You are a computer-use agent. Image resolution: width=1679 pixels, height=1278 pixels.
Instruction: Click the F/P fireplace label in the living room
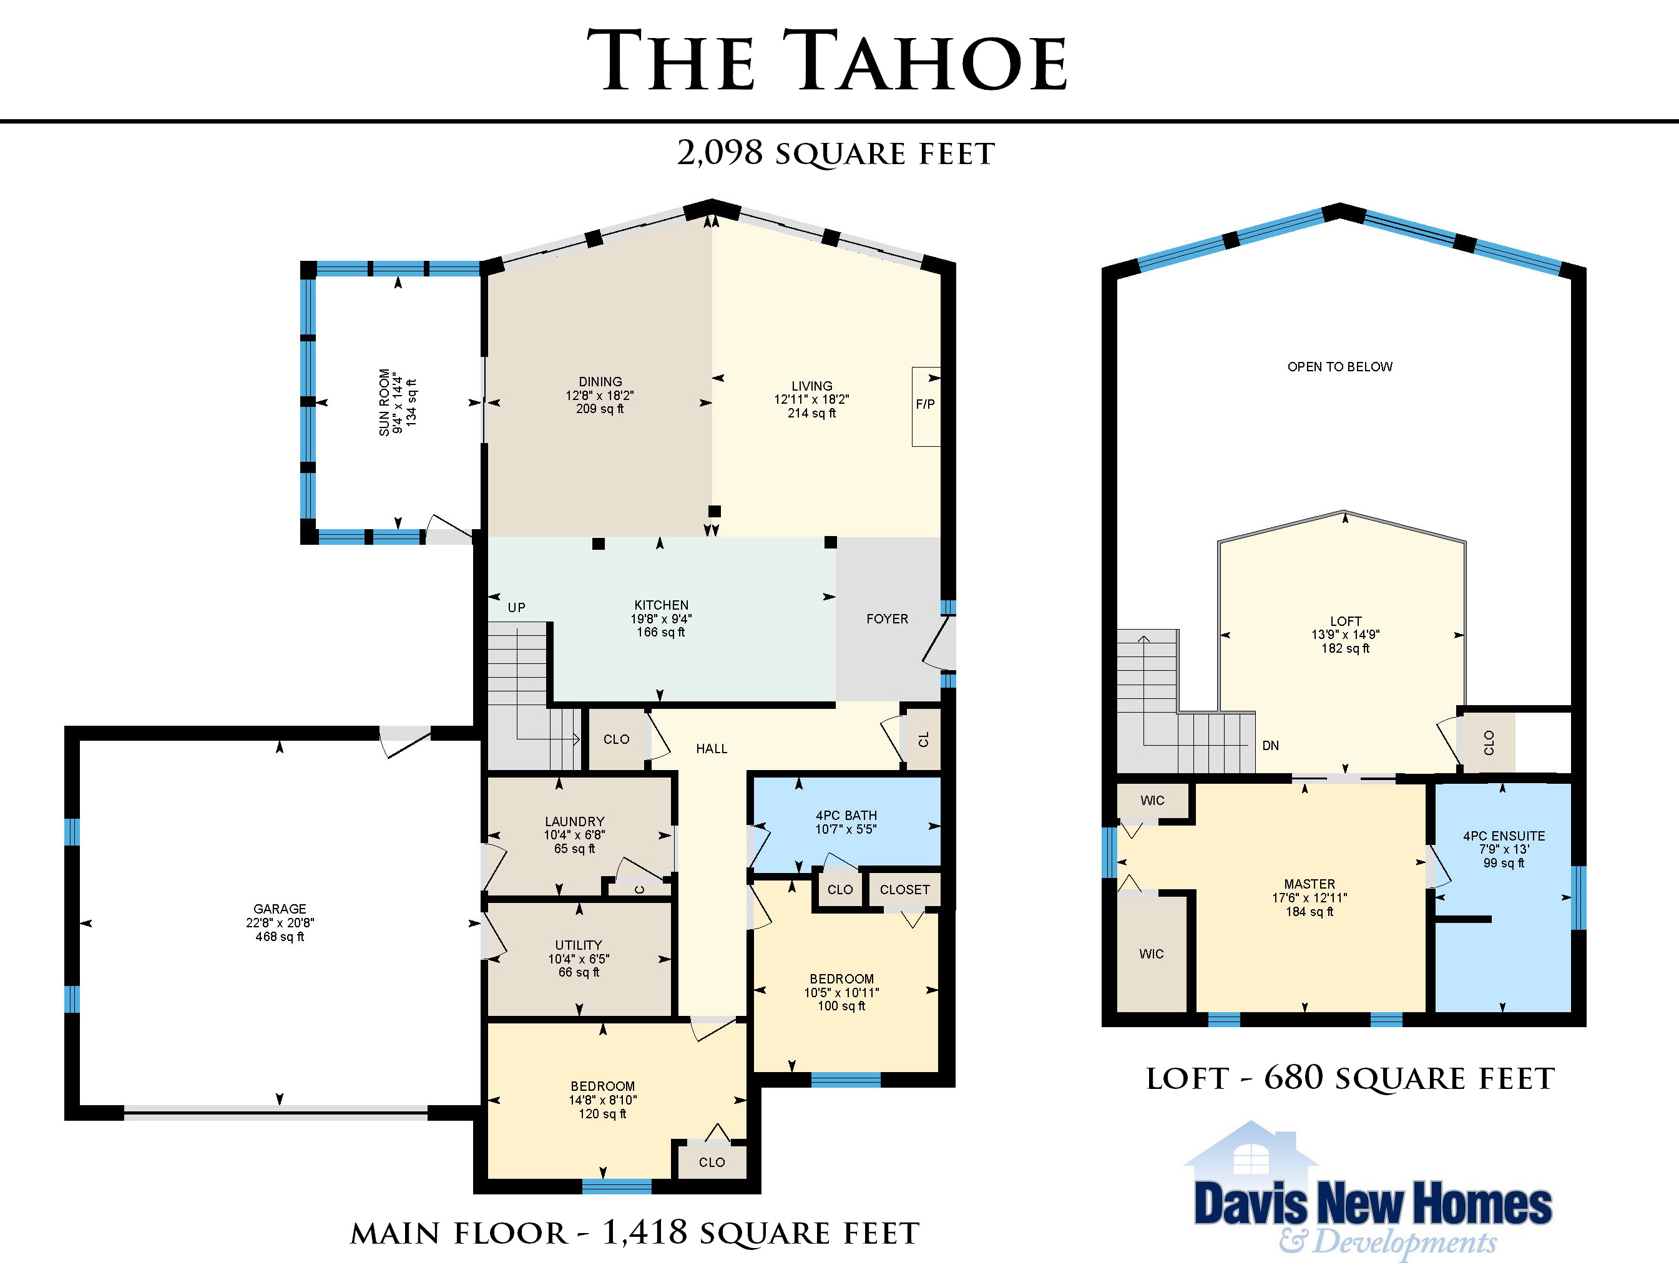(925, 404)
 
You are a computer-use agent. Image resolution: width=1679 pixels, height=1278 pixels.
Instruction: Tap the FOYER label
(887, 618)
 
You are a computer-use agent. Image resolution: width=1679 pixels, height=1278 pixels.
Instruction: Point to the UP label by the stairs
(517, 607)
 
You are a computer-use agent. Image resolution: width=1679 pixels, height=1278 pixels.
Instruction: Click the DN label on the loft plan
(1270, 746)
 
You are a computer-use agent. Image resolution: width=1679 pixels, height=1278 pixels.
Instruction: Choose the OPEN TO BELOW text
(1339, 367)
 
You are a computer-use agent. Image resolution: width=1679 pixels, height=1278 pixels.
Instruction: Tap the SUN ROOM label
(384, 402)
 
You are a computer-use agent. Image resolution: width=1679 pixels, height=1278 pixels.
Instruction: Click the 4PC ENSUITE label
(1504, 836)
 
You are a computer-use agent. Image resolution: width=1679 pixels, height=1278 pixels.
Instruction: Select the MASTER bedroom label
(1309, 884)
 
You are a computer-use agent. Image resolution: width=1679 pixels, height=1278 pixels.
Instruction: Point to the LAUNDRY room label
(574, 822)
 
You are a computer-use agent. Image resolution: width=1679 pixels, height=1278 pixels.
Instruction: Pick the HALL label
(712, 749)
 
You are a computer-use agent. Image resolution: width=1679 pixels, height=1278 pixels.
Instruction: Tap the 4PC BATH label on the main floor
(846, 816)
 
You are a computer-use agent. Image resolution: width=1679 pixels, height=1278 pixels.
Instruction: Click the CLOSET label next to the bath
(904, 889)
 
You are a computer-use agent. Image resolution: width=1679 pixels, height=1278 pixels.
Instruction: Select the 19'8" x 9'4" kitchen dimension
(661, 618)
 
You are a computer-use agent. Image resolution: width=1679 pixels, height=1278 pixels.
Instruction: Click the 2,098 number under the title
(720, 153)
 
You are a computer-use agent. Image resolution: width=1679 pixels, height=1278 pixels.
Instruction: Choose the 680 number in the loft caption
(1293, 1077)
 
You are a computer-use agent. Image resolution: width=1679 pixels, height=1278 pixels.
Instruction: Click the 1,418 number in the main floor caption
(644, 1232)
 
